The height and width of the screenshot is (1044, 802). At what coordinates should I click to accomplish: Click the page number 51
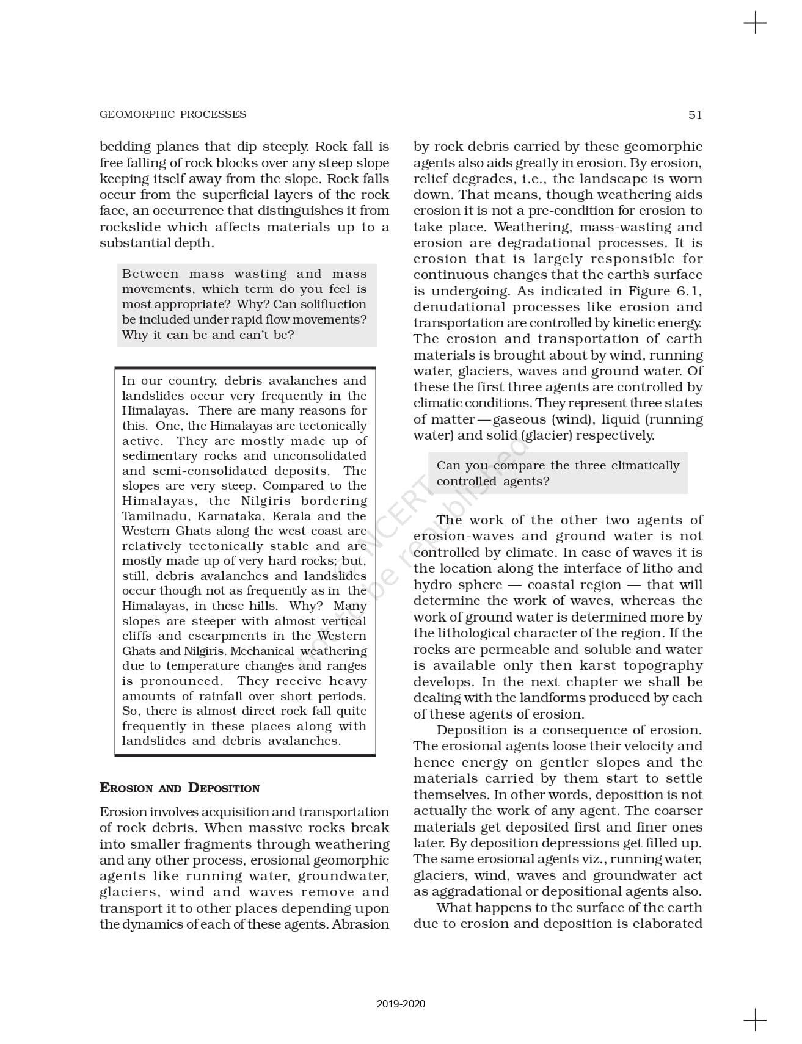point(695,115)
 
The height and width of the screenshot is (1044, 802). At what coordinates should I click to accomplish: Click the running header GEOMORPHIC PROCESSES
point(173,114)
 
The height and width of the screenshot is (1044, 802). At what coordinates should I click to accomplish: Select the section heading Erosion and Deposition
point(180,788)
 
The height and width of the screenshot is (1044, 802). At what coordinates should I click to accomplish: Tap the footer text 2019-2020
point(401,1004)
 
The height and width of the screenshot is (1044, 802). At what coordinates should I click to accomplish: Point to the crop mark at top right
point(755,23)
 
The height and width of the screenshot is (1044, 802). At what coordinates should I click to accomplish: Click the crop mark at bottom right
point(755,1020)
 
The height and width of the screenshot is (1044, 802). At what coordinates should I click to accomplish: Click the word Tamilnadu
point(155,516)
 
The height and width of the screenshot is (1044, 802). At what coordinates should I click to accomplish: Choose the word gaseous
point(519,419)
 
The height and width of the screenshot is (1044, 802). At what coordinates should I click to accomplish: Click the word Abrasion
point(360,924)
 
